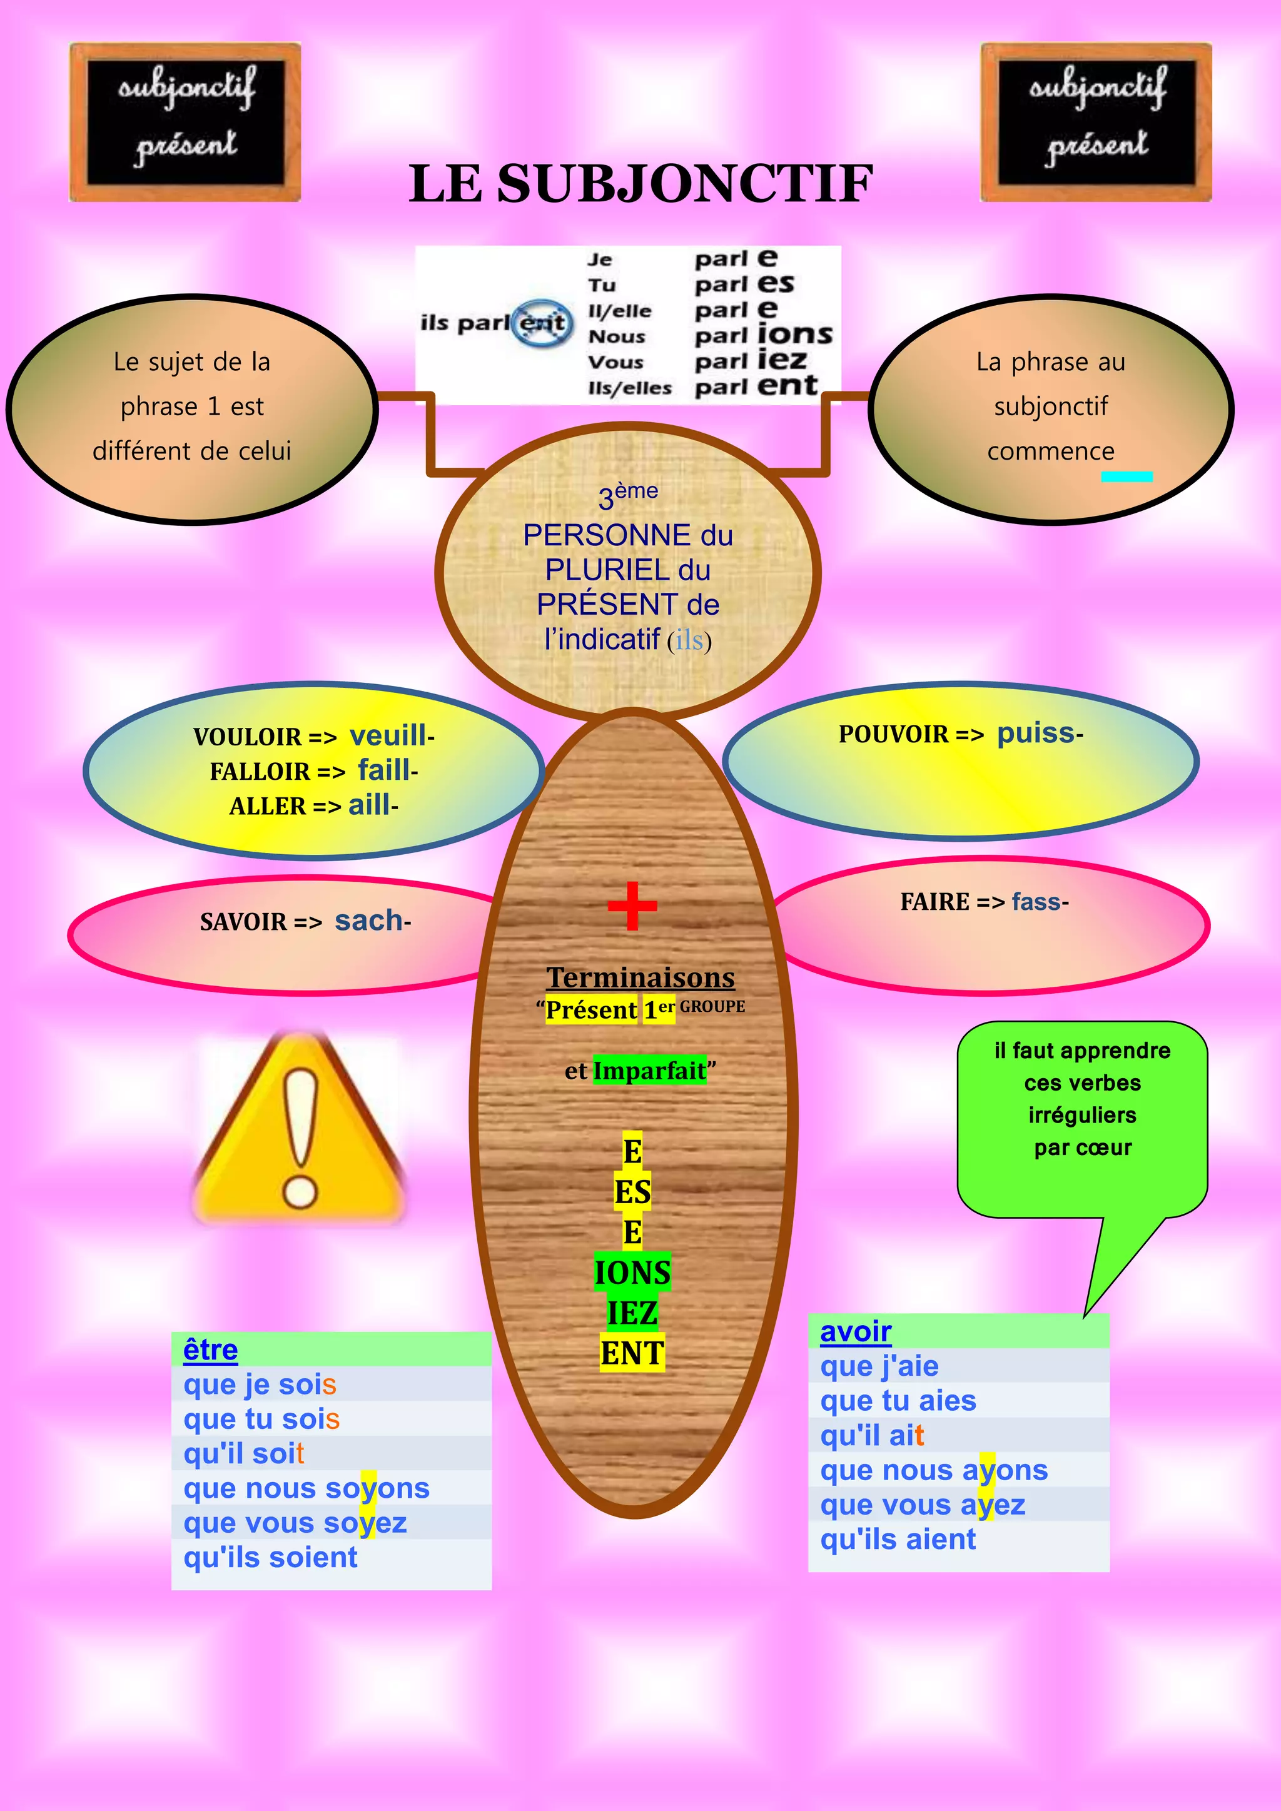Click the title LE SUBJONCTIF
(640, 184)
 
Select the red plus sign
(632, 905)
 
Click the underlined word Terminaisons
(640, 977)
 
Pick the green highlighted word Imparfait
(649, 1071)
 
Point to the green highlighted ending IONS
(632, 1273)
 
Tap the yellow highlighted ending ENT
(632, 1353)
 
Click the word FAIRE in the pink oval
(934, 902)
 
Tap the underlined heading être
(211, 1349)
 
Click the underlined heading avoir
(856, 1331)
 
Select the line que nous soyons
(306, 1488)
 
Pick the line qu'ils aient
(898, 1539)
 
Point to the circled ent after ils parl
(543, 323)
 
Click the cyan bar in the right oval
(1127, 477)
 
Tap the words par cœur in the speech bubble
(1082, 1148)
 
